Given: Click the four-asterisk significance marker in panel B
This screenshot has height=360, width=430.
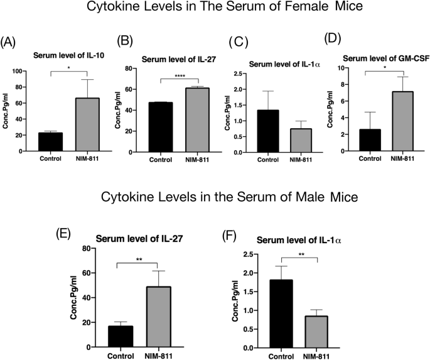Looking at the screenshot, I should pos(179,77).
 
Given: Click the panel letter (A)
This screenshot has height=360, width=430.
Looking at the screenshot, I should pos(9,43).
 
